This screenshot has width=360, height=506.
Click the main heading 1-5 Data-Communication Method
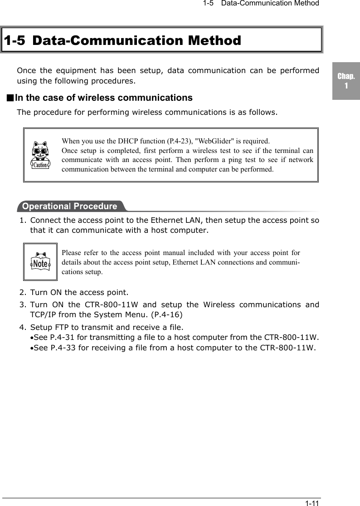[122, 40]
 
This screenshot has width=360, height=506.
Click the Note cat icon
[41, 262]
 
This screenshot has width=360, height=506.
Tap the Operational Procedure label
[69, 206]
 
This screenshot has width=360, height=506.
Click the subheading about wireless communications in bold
[104, 98]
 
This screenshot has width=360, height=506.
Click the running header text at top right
[261, 4]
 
